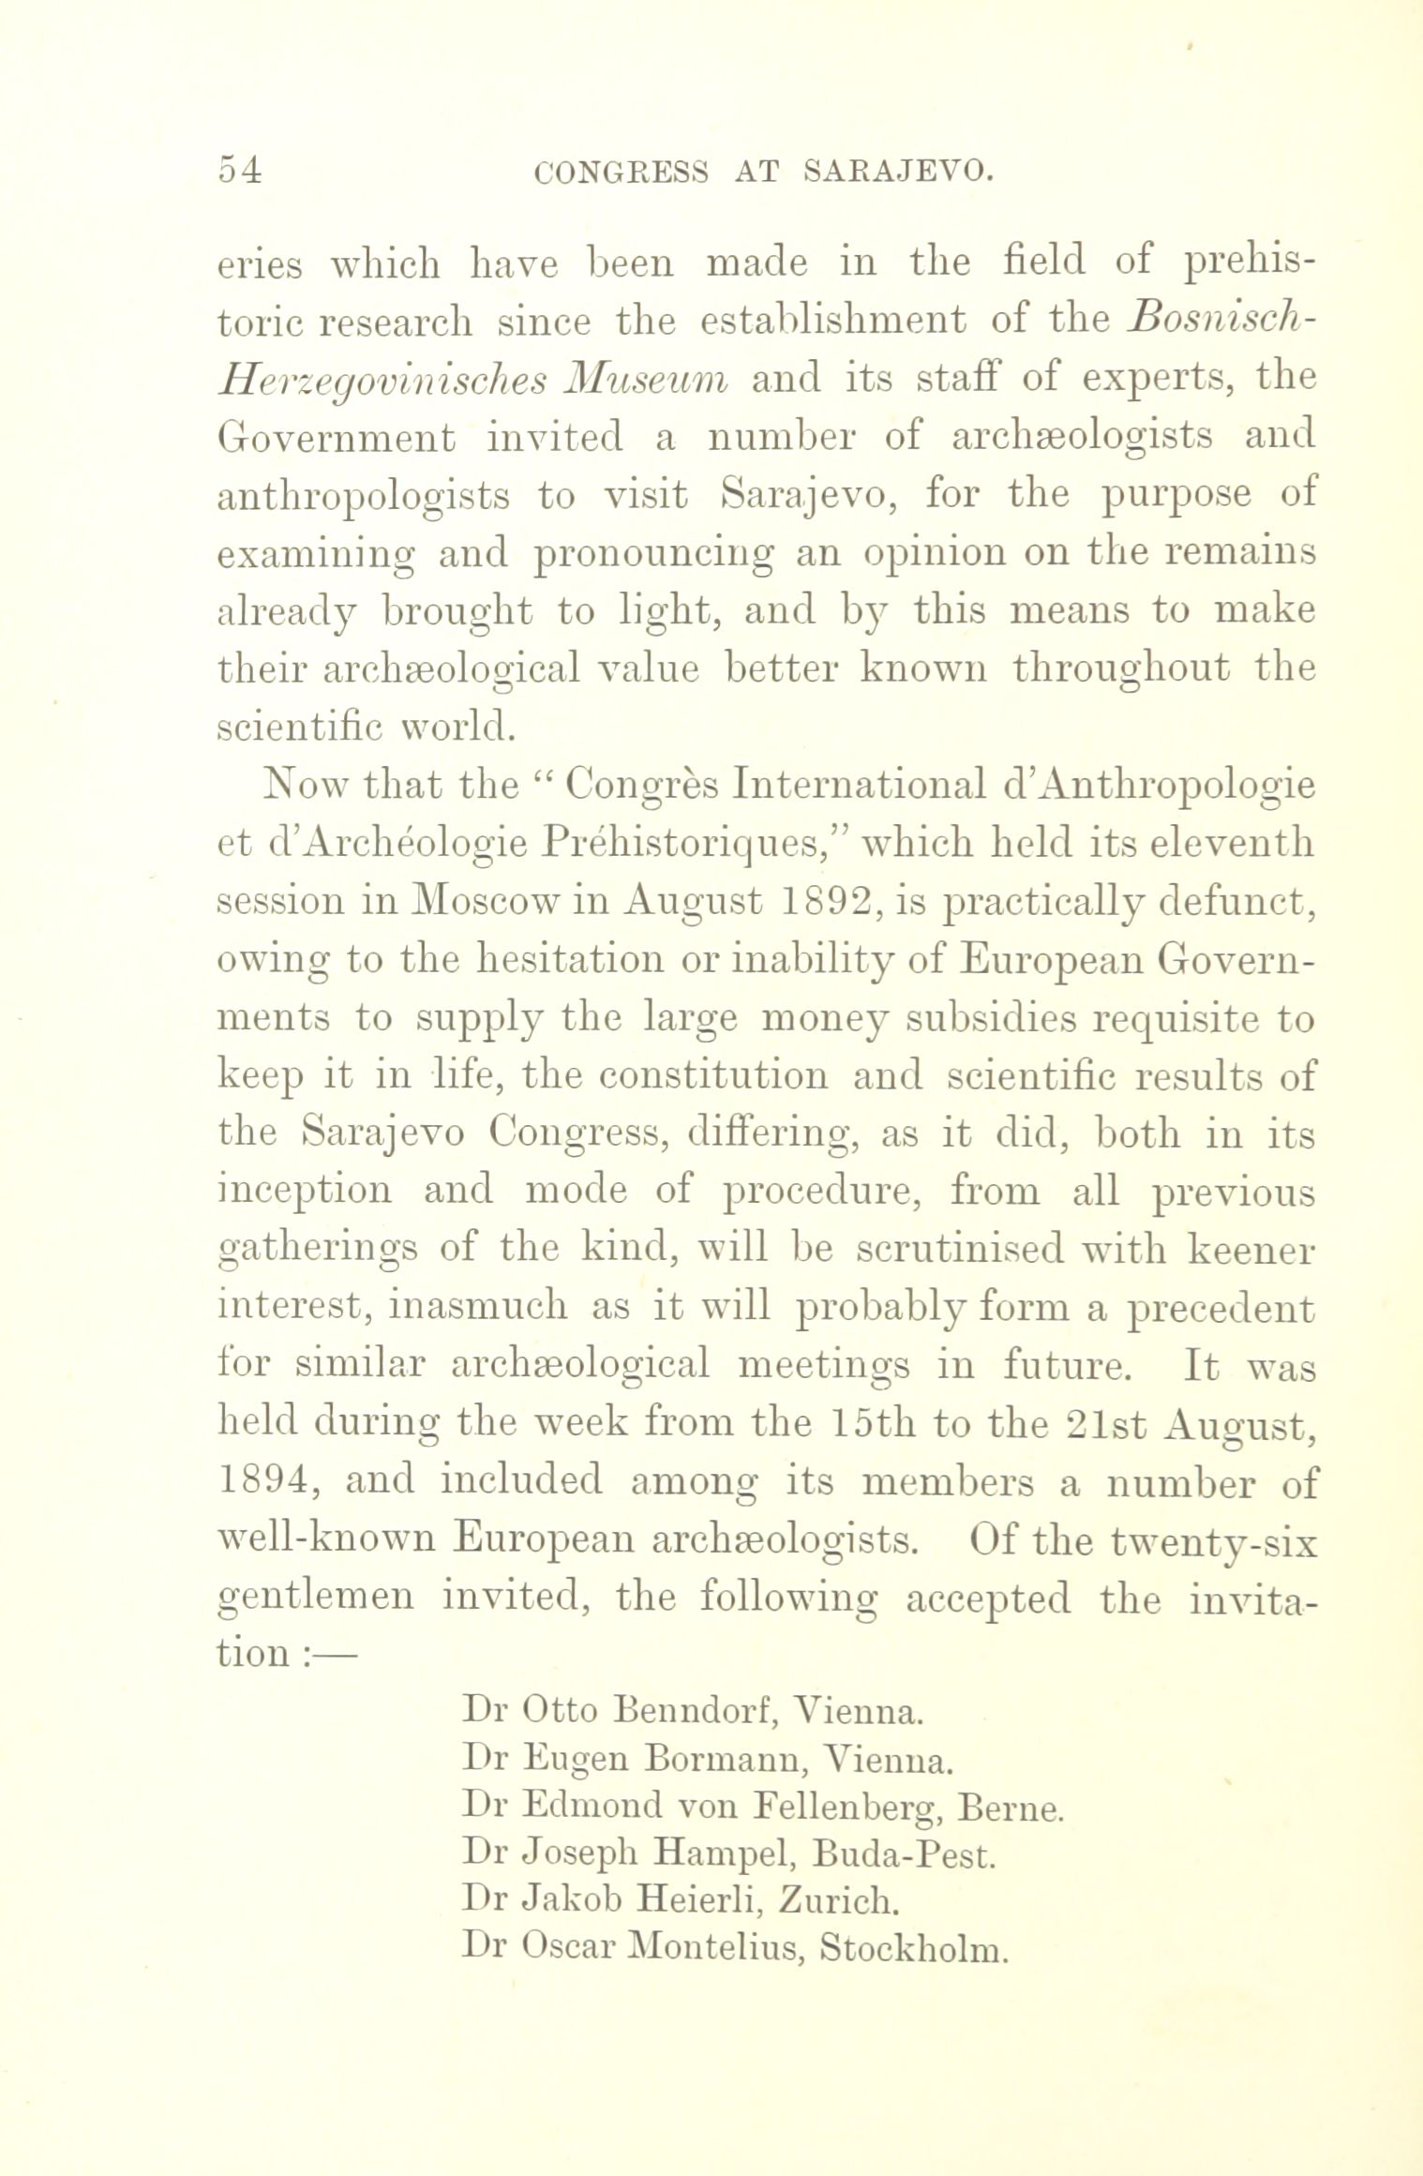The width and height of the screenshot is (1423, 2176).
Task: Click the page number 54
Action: click(240, 172)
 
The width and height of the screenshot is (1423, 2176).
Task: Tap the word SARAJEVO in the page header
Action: click(898, 172)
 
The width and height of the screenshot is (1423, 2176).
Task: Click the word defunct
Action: click(1237, 901)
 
